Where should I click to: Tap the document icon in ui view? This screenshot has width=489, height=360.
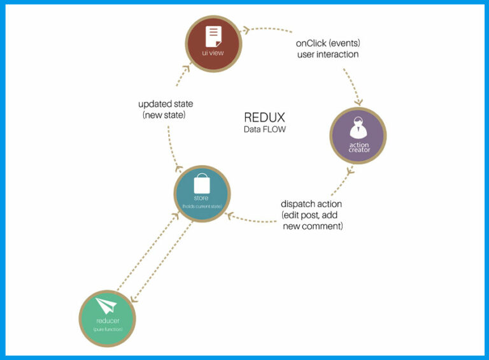click(213, 35)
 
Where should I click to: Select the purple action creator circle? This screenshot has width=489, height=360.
click(358, 134)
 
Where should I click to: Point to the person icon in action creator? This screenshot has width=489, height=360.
click(358, 127)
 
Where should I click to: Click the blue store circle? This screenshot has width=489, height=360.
click(202, 194)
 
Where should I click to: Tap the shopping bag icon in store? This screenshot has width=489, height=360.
click(202, 184)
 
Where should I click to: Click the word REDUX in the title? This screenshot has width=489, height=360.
click(264, 118)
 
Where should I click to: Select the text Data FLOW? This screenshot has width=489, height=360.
click(264, 130)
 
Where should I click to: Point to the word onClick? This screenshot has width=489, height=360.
click(311, 43)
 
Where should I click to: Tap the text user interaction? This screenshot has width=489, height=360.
click(327, 55)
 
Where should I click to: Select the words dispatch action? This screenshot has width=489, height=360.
click(311, 204)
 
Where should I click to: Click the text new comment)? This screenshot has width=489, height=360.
click(313, 226)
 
